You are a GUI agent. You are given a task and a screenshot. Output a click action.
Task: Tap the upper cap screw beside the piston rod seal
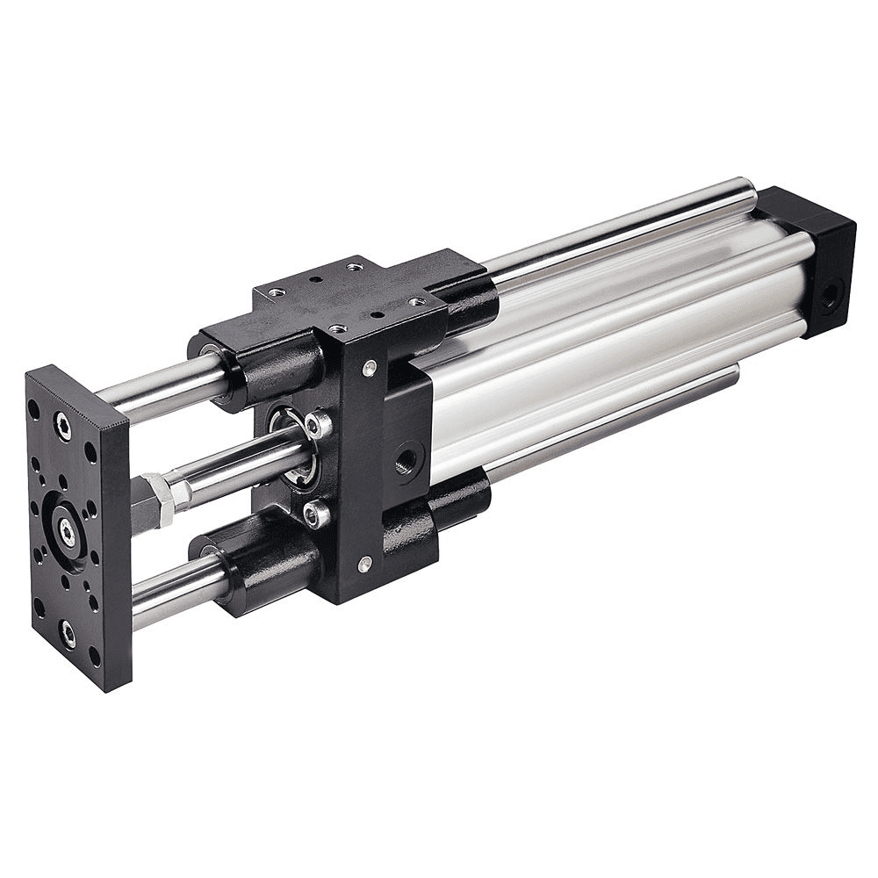click(318, 427)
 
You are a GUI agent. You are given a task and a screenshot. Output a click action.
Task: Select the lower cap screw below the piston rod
click(315, 515)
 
